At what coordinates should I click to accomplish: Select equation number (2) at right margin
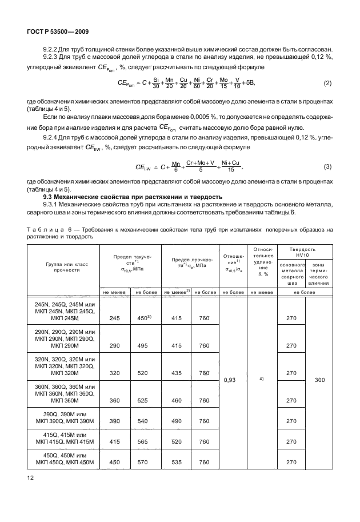coord(327,83)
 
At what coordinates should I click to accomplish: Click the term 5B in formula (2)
coord(250,83)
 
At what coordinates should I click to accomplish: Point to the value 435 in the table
coord(177,372)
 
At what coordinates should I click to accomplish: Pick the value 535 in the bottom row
coord(177,462)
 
